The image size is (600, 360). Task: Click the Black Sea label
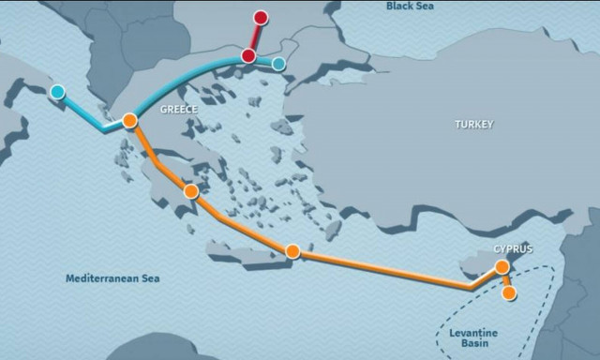click(412, 7)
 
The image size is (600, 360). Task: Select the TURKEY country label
click(473, 124)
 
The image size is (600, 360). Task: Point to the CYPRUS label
click(513, 248)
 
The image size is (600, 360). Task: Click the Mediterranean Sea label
click(112, 278)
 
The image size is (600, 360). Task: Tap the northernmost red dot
click(261, 18)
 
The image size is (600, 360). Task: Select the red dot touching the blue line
click(248, 56)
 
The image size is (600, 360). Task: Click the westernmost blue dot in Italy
click(58, 92)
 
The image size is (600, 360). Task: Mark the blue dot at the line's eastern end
click(278, 64)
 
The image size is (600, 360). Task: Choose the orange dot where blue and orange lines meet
click(130, 120)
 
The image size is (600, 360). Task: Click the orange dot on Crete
click(292, 251)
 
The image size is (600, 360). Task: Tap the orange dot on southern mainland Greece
click(191, 191)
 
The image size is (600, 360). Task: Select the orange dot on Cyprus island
click(502, 267)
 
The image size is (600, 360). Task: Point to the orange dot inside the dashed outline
click(509, 293)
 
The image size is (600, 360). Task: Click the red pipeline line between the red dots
click(254, 37)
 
